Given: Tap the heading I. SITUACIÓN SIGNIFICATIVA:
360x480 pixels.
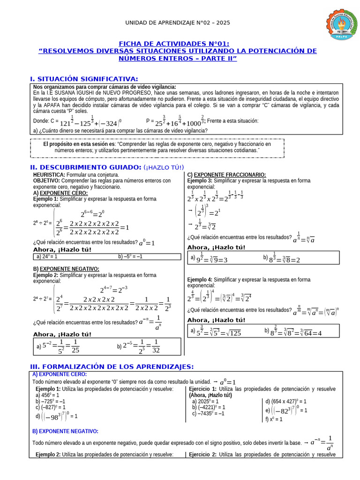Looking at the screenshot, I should pyautogui.click(x=84, y=78).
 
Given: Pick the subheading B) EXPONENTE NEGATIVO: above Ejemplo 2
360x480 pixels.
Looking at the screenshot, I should pyautogui.click(x=66, y=269).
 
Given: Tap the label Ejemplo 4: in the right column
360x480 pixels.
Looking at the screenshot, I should pyautogui.click(x=200, y=279).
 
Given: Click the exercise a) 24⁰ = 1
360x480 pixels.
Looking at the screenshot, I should pyautogui.click(x=46, y=256).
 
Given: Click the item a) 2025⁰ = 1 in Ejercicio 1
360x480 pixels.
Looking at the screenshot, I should pyautogui.click(x=205, y=401).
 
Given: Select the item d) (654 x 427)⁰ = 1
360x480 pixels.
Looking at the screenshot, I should pyautogui.click(x=285, y=401).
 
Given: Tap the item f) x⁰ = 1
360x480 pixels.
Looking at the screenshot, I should pyautogui.click(x=274, y=420).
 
